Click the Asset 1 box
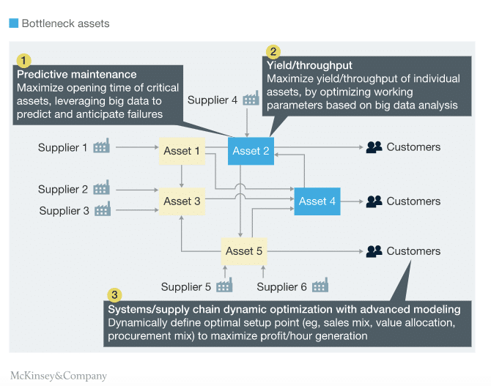click(182, 151)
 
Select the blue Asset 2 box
click(251, 151)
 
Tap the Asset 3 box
click(182, 201)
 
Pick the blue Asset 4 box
click(317, 201)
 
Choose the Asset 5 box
click(244, 251)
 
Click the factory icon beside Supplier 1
click(101, 146)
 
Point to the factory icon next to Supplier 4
click(251, 98)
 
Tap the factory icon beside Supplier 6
click(320, 285)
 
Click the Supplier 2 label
click(62, 190)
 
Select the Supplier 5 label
click(186, 287)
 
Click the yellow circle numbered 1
click(23, 60)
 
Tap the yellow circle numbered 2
click(273, 52)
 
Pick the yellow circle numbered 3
click(114, 294)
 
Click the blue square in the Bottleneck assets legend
click(14, 23)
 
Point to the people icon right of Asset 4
click(374, 201)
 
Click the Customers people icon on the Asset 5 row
click(374, 251)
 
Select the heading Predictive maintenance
click(77, 75)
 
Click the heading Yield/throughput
click(309, 65)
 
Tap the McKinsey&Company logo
click(59, 376)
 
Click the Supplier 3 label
click(64, 211)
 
